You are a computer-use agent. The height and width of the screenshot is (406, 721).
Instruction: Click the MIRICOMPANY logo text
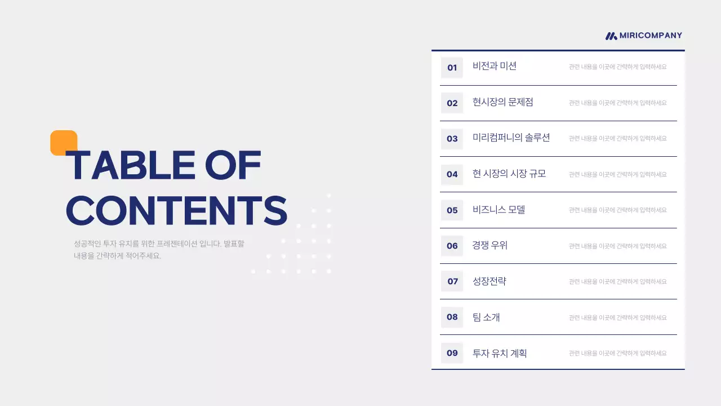(651, 36)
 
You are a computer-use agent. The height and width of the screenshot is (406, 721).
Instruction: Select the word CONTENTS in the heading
(176, 211)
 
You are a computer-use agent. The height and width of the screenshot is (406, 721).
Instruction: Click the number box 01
(452, 68)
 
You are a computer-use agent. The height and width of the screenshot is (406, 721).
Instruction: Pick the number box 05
(452, 210)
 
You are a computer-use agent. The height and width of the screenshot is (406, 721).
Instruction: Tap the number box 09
(452, 353)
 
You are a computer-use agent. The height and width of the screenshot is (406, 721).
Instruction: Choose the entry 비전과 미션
(495, 66)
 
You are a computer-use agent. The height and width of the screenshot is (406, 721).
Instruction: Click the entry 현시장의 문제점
(503, 102)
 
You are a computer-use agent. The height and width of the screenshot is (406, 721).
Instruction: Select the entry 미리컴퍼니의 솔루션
(511, 138)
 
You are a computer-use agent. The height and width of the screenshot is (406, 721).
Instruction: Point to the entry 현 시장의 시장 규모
(509, 174)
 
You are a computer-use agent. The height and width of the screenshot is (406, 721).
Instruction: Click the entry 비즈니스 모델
(499, 210)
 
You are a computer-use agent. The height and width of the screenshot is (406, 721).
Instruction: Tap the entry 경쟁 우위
(490, 245)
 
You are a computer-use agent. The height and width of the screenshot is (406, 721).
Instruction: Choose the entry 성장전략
(489, 281)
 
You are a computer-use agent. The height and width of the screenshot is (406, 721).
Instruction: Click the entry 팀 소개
(486, 317)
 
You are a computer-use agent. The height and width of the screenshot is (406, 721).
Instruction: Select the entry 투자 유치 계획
(500, 353)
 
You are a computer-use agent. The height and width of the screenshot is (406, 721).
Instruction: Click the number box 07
(452, 281)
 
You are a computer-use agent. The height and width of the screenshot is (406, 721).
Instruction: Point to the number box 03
(452, 139)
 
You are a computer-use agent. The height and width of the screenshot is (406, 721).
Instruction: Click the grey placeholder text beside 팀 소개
(617, 317)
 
